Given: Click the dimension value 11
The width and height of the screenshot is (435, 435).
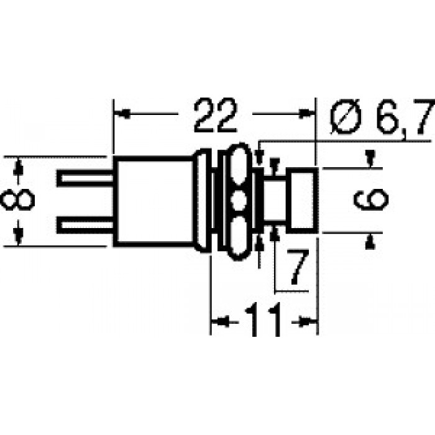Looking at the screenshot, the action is [x=263, y=319].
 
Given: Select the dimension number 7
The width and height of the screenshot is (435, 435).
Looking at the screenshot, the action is [x=297, y=267].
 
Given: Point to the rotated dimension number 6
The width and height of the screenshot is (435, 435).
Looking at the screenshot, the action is [x=371, y=199].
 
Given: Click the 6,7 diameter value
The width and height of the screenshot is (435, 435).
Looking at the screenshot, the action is [x=406, y=116].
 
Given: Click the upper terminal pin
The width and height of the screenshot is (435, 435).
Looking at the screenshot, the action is [x=86, y=178].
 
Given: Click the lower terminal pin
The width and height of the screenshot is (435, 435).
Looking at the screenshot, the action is [x=86, y=225].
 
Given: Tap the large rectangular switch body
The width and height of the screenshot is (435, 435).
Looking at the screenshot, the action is [x=154, y=201].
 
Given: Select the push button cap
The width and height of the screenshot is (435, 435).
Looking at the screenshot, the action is [x=302, y=201].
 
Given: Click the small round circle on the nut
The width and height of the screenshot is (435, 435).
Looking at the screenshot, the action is [x=238, y=200].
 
